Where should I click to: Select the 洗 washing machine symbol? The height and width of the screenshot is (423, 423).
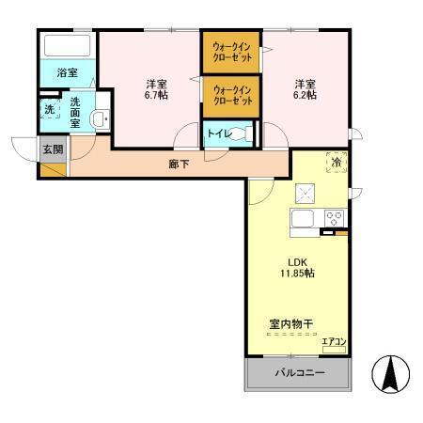pos(49,110)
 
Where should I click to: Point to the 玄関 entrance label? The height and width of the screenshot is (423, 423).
pos(53,149)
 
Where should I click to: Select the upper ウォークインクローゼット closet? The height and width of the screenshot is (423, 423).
pos(230,53)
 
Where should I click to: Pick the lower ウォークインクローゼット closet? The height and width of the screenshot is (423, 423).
pos(230,95)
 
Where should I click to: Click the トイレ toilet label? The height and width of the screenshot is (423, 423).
pos(217,133)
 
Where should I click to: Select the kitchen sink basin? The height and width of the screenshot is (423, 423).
pos(305,219)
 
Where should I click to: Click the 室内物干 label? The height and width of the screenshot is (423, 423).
pos(290,324)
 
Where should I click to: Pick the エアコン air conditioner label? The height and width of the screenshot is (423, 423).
pos(335,340)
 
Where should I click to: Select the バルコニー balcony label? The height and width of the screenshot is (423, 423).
pos(298,374)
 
